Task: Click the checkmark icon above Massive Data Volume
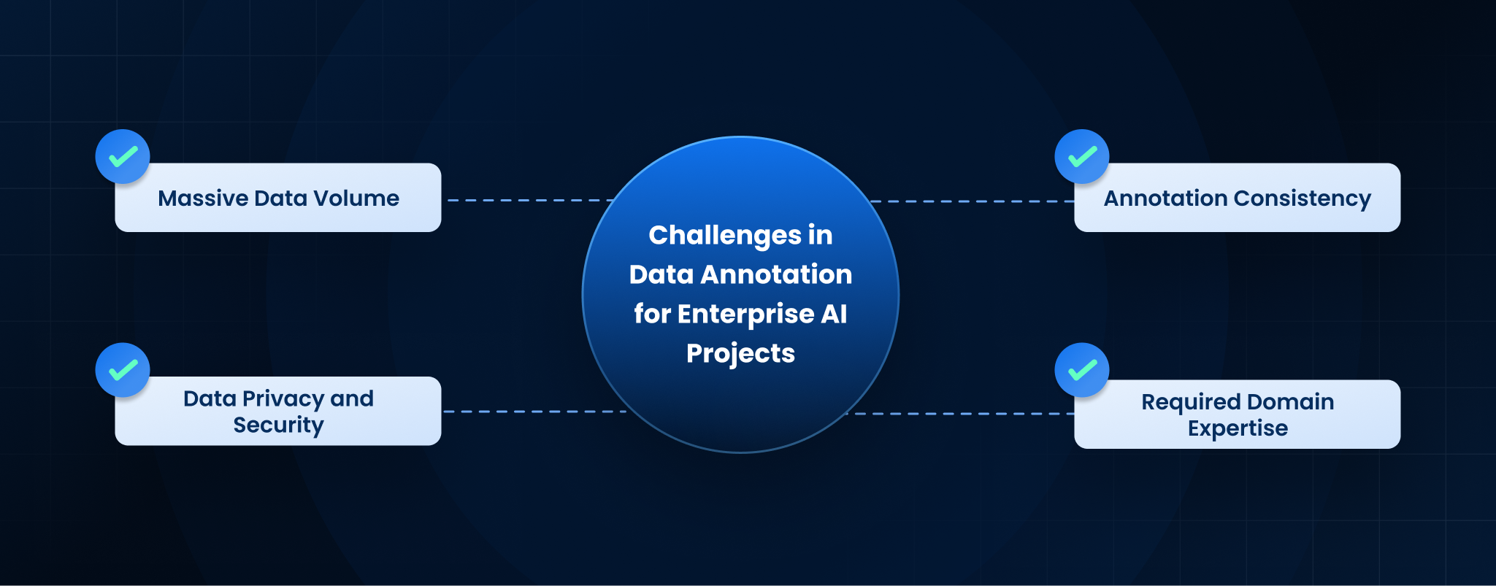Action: (123, 156)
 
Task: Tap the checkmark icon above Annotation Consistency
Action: (1082, 156)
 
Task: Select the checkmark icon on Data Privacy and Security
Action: (123, 370)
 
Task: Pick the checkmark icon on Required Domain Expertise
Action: (1082, 370)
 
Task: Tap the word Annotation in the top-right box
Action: (1165, 198)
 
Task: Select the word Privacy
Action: (283, 399)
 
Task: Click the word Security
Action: (278, 425)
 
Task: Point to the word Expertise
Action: (1238, 428)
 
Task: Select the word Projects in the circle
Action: (740, 354)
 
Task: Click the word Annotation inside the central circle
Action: (776, 274)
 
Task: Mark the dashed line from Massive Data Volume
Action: (531, 200)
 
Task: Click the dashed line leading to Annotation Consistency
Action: (973, 201)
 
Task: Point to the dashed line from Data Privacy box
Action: (535, 412)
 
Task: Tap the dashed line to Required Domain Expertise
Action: (961, 414)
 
